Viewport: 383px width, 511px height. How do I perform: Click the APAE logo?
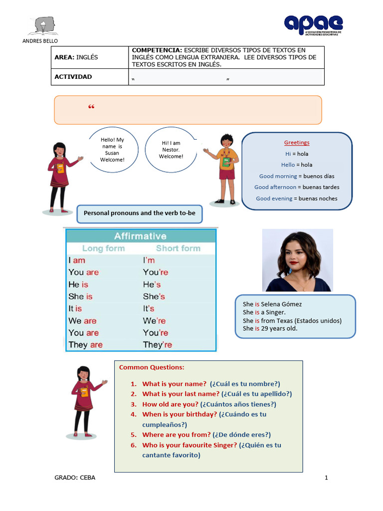click(313, 24)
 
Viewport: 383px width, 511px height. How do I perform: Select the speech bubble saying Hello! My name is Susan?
click(112, 150)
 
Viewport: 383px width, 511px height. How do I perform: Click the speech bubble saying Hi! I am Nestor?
click(171, 150)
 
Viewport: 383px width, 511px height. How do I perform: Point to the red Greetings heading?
click(297, 143)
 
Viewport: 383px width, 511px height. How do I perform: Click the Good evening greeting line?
click(297, 199)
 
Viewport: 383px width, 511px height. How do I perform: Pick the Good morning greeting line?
click(297, 176)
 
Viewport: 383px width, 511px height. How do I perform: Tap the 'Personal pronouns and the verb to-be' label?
click(140, 214)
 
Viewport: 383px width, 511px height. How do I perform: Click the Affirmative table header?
click(141, 236)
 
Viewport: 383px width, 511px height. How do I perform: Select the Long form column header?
click(103, 249)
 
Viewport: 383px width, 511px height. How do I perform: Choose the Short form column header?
click(178, 249)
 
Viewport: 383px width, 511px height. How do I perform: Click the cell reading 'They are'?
click(85, 345)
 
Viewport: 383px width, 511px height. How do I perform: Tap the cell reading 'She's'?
click(154, 296)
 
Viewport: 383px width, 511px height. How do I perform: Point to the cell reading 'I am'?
click(77, 260)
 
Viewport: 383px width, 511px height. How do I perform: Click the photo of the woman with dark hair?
click(298, 260)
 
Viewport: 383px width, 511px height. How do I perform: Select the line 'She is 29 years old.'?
click(270, 329)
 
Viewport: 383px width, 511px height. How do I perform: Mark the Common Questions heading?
click(152, 367)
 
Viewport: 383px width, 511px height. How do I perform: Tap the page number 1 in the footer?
click(326, 478)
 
